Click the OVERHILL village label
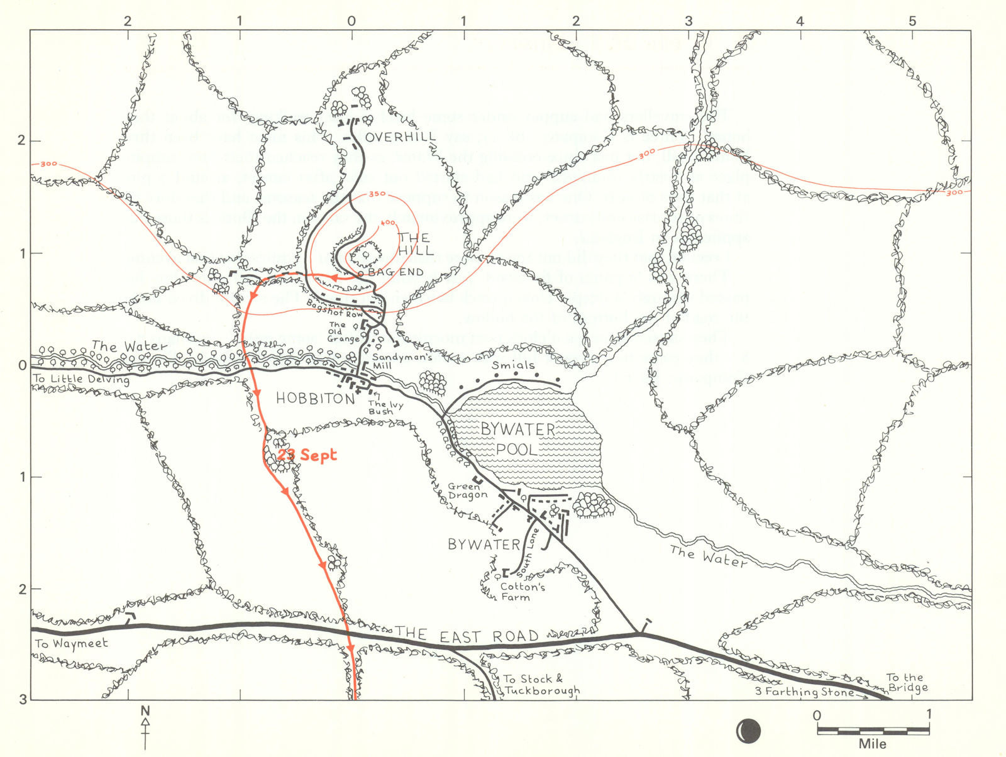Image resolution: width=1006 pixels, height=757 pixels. (x=401, y=137)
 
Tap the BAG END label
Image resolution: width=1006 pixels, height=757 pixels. (x=395, y=272)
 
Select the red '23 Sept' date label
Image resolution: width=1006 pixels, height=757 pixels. (x=307, y=455)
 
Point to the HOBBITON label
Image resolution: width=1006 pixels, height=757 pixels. (x=315, y=399)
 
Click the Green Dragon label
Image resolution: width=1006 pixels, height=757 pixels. (x=468, y=491)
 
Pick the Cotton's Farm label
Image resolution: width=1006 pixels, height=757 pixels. (x=523, y=592)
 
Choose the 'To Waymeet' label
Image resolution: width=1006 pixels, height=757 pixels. (x=71, y=644)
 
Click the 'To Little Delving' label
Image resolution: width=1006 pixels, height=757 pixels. (x=81, y=379)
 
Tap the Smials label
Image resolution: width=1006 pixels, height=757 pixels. (x=513, y=365)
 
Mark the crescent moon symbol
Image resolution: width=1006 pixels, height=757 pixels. (x=748, y=731)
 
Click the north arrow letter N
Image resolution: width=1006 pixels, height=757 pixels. (x=145, y=711)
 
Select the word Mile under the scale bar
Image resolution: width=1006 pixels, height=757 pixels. (x=873, y=744)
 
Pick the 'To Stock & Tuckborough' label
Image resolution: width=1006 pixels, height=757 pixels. (x=541, y=685)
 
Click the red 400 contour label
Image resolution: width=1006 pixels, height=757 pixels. (x=387, y=223)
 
